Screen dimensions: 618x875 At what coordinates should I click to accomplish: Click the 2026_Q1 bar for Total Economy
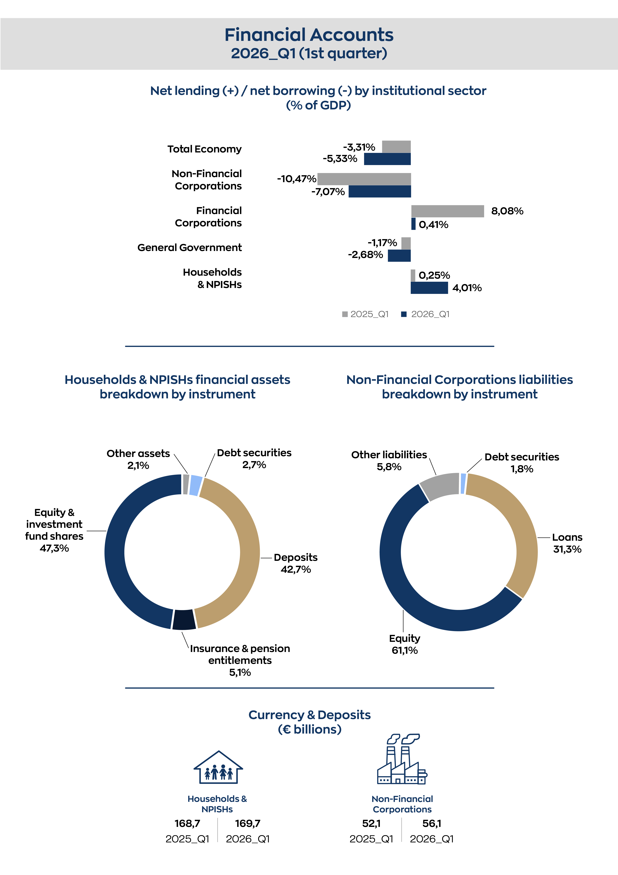click(x=387, y=159)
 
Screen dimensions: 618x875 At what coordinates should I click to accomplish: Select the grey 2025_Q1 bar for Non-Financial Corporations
click(x=364, y=179)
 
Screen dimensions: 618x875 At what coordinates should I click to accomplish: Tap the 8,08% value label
click(x=507, y=211)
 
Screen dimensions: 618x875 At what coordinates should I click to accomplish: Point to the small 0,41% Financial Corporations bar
click(x=413, y=224)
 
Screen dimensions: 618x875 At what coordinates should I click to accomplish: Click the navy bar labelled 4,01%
click(x=429, y=288)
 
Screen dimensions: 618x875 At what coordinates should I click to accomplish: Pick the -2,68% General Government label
click(x=365, y=255)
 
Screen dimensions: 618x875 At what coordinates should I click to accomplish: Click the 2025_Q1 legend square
click(x=345, y=314)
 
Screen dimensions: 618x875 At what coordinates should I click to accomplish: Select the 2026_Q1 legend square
click(x=404, y=314)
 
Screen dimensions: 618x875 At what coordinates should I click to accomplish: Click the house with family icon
click(x=218, y=767)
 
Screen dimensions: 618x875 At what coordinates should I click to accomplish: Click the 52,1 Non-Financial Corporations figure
click(x=371, y=824)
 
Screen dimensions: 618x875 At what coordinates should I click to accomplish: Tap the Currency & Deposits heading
click(x=310, y=715)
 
